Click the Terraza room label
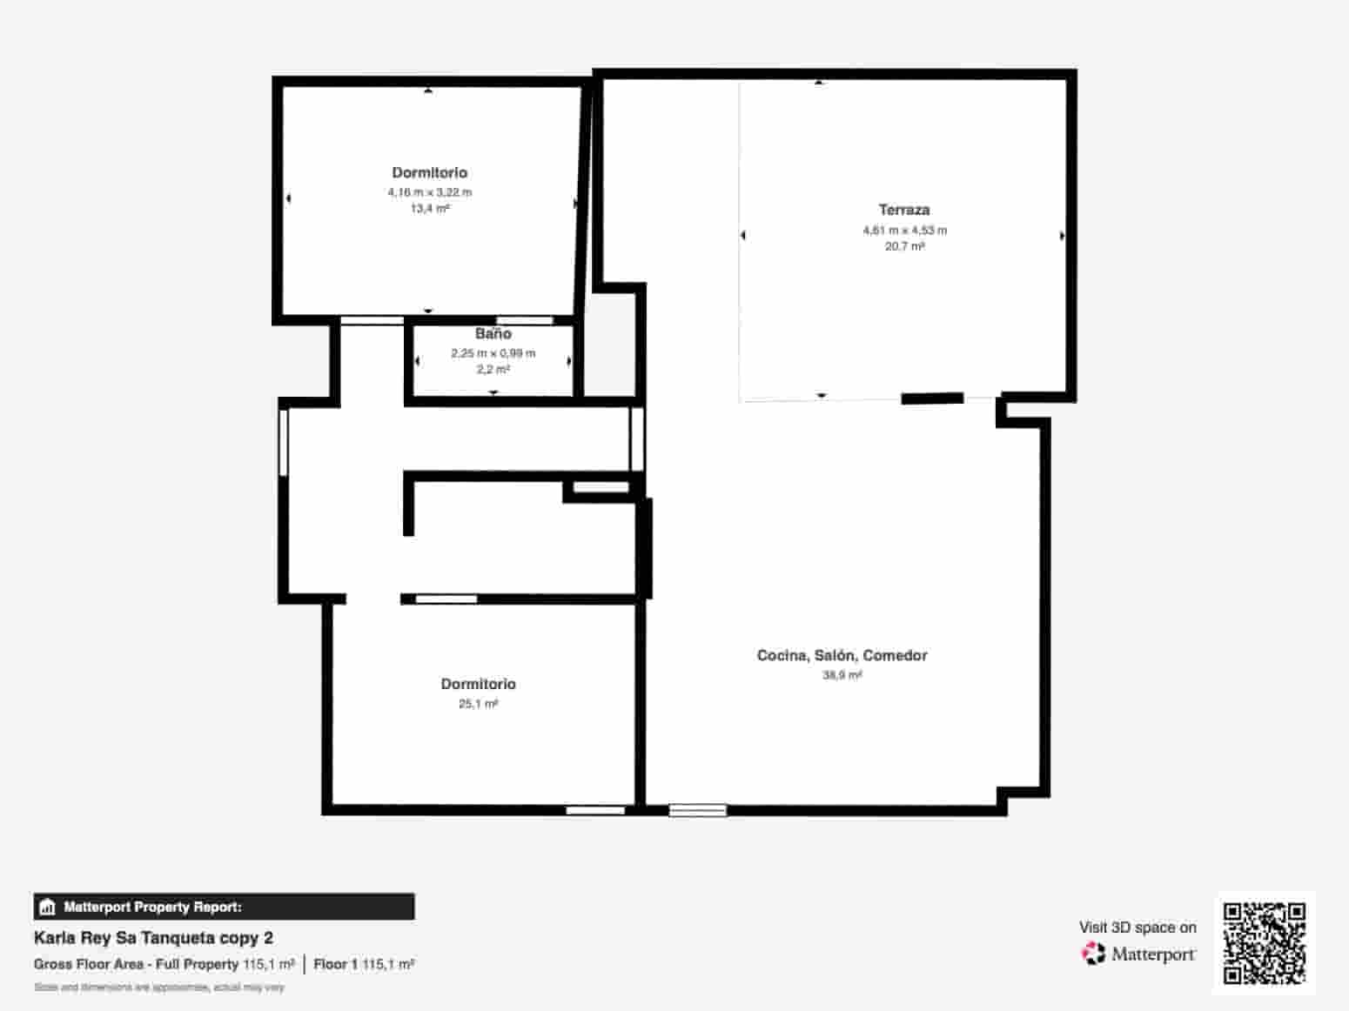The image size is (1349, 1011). coord(903,210)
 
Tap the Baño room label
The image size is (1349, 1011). coord(493,334)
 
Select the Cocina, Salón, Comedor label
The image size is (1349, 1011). coord(842,655)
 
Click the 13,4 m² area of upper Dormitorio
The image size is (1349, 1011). coord(430,209)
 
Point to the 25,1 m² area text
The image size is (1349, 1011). coord(478,704)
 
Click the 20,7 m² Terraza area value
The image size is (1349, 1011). coord(904,246)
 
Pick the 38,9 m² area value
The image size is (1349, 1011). coord(842,675)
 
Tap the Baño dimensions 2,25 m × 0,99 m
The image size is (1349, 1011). coord(493,353)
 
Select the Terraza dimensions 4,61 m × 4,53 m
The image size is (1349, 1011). coord(904,231)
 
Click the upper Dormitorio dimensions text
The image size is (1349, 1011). coord(430,192)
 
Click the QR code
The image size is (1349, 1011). coord(1264,943)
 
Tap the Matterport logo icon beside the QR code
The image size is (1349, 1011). coord(1092,954)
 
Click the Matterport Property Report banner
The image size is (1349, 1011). coord(224,907)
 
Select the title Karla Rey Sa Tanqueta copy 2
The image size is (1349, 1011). coord(153,938)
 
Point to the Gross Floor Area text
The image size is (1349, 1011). coord(136,964)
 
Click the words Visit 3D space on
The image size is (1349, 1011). coord(1138,927)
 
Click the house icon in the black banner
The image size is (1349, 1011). coord(48,907)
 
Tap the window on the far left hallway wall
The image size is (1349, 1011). coord(283,443)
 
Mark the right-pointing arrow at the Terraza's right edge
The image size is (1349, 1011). coord(1062,236)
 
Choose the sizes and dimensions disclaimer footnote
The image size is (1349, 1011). coord(159,988)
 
